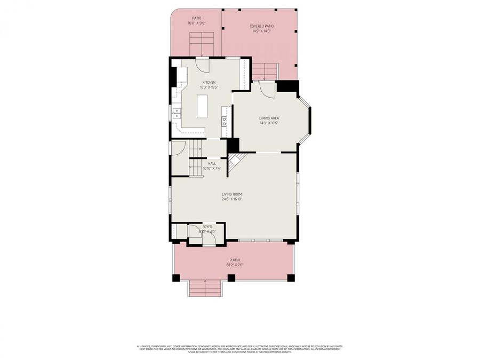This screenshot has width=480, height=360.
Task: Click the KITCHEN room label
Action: pos(208,82)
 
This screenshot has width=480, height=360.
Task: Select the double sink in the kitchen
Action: pos(177,113)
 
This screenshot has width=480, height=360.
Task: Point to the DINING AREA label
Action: pos(269,118)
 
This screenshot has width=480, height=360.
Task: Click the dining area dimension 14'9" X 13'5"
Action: pos(269,123)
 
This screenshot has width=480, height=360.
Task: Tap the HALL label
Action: pos(212,163)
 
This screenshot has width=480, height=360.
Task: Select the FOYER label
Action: pos(207,227)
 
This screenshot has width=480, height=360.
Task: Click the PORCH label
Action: pos(234,260)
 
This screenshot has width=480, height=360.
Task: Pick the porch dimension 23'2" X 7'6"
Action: pos(234,265)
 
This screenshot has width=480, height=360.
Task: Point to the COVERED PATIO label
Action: pos(261,26)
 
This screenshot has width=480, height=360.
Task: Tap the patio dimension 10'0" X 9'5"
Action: pos(196,23)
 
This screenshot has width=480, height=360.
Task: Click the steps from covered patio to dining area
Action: pos(265,70)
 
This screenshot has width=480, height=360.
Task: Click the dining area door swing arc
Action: pos(269,90)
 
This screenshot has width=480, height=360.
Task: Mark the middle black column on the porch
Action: pos(231,277)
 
